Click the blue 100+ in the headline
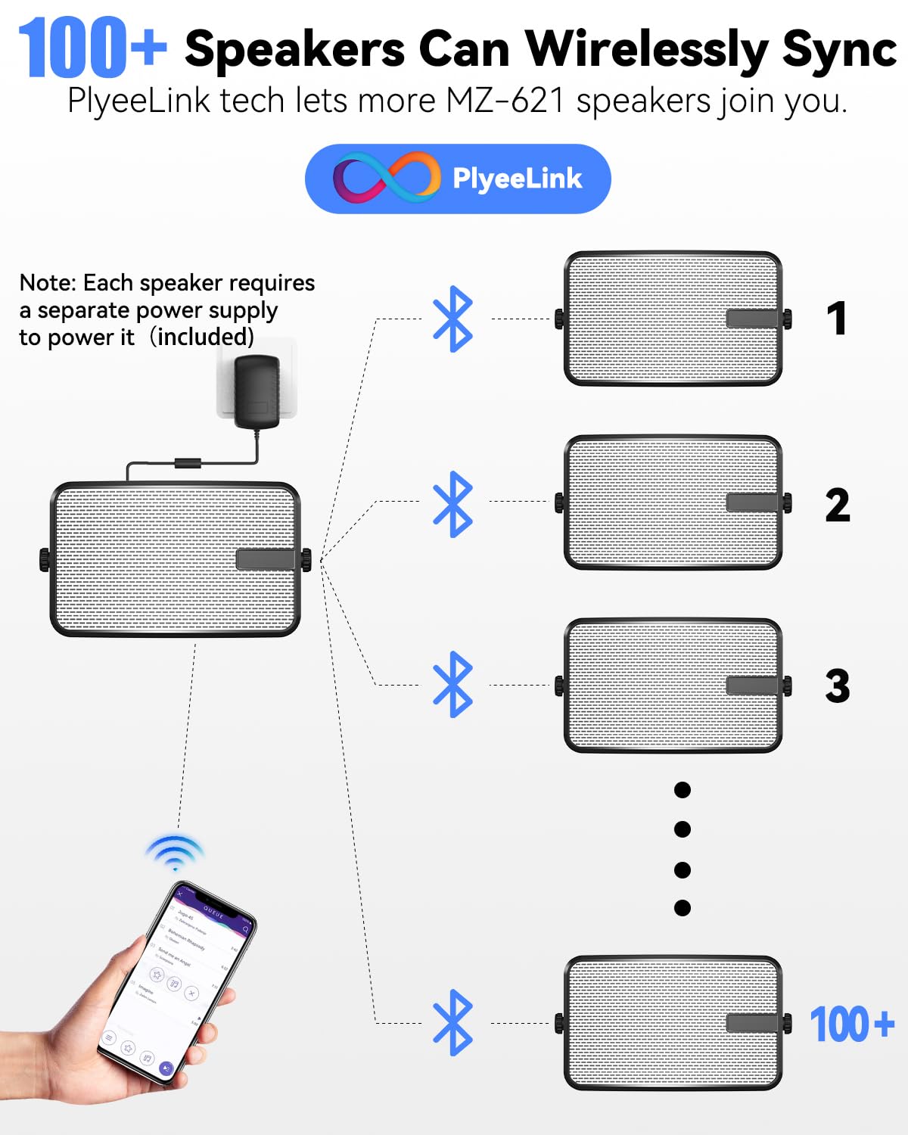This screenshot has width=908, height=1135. point(91,48)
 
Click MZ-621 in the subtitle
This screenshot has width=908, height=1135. point(505,101)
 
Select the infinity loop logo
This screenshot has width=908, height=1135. point(386,178)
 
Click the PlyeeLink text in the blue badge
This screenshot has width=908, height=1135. point(517,179)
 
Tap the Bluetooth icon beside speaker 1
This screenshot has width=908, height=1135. point(452,319)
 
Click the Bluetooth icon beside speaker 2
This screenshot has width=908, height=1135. point(452,504)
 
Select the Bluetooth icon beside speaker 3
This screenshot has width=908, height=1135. point(452,684)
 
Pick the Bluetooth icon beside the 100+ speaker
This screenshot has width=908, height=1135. point(452,1022)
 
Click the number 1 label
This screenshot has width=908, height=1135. point(836,319)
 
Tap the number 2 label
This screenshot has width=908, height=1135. point(837,505)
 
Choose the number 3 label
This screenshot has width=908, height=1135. point(837,686)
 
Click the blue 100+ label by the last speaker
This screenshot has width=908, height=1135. point(852,1025)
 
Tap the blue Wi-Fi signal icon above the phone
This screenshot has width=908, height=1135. point(175,853)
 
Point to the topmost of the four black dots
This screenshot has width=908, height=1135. point(682,790)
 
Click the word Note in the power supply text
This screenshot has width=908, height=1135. point(47,282)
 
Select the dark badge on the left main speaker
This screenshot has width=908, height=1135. point(265,559)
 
